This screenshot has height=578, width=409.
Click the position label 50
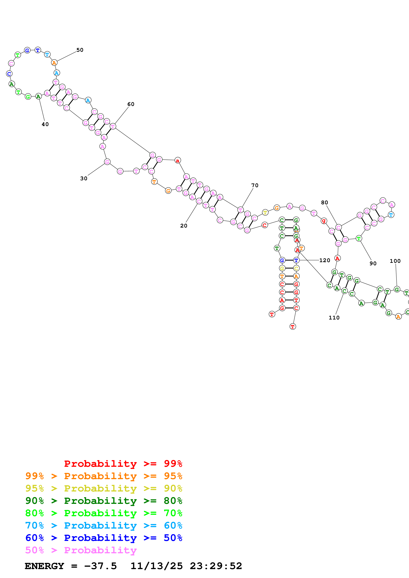[x=80, y=50]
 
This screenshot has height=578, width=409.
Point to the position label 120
[x=325, y=260]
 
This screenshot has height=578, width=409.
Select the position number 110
[x=334, y=318]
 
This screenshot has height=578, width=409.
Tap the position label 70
[x=255, y=185]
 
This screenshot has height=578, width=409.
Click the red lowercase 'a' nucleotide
[x=178, y=160]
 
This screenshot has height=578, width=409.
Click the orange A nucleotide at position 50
[x=54, y=63]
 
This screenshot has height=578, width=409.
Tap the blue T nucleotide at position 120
[x=296, y=260]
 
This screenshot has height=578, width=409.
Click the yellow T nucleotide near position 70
[x=265, y=213]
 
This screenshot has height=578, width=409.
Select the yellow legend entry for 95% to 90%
[x=104, y=488]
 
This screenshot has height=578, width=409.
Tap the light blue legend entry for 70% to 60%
[x=104, y=525]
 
